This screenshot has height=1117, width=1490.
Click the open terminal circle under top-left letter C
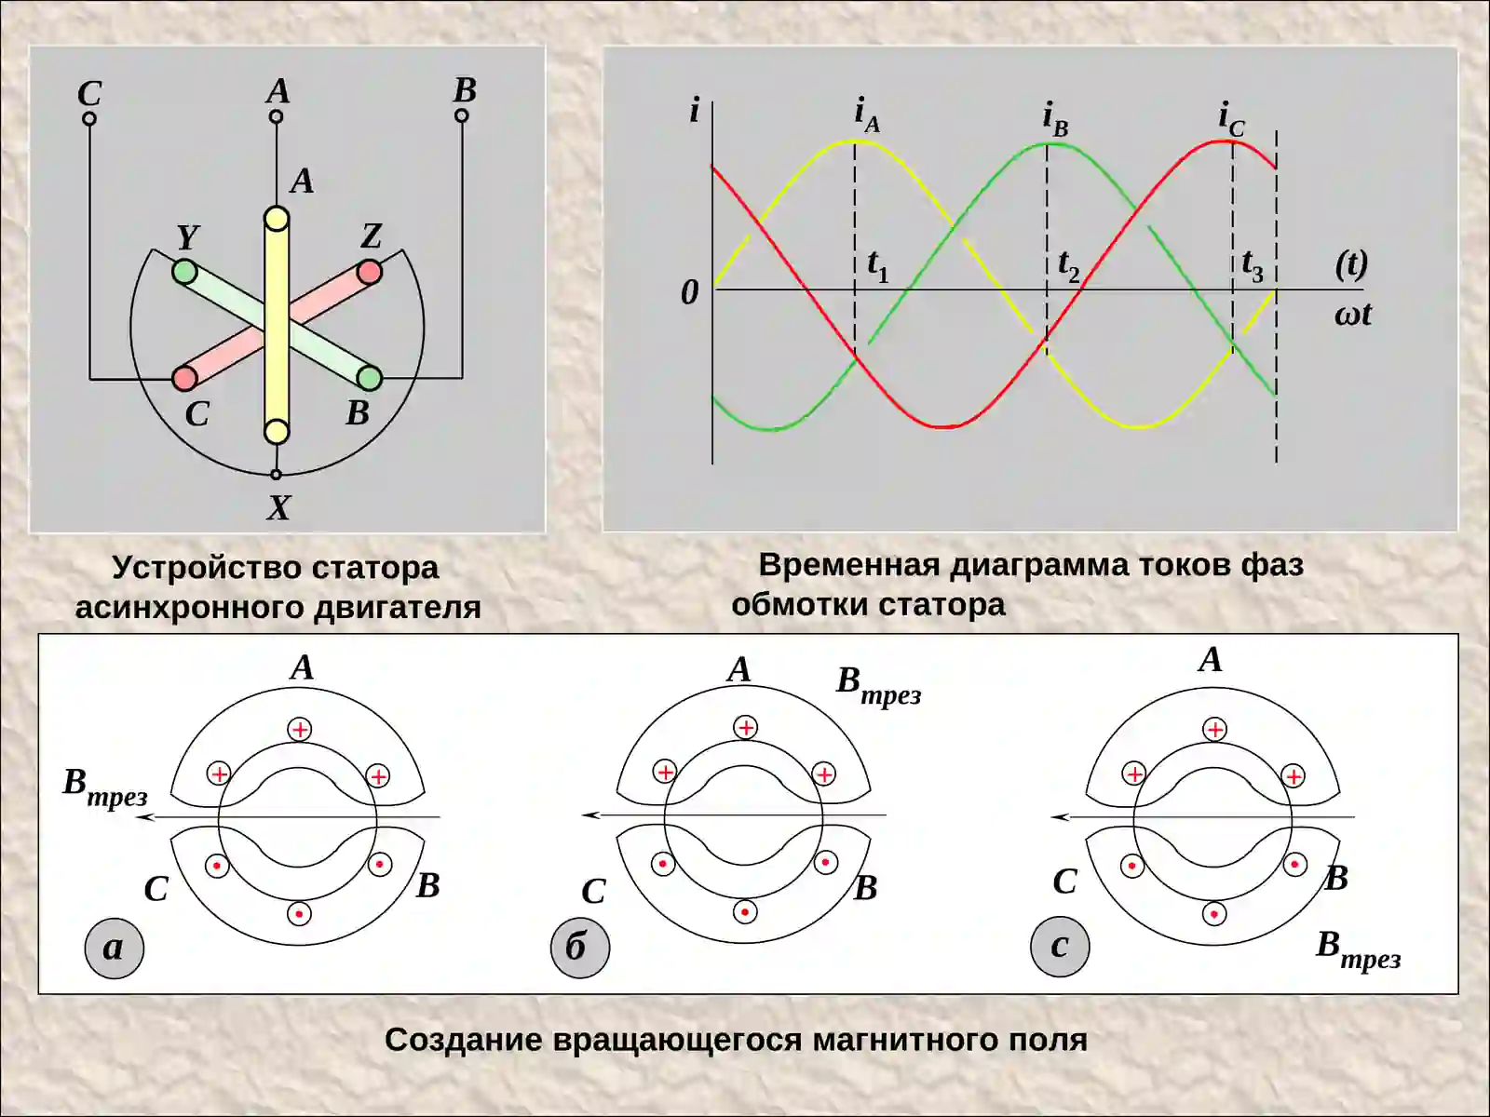[88, 119]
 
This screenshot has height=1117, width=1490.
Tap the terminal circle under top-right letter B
[462, 116]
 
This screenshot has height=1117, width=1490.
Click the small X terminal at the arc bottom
[276, 475]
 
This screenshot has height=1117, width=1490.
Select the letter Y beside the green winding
[188, 237]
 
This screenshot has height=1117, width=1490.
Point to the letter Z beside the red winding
[372, 236]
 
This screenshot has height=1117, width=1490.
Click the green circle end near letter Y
[184, 273]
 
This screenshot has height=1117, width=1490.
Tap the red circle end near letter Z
[370, 272]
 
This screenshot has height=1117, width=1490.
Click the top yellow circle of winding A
[277, 219]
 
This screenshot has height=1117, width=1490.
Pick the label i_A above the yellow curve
[867, 115]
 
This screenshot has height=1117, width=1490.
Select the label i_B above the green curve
[1055, 119]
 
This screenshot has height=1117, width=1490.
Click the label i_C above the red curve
[1231, 120]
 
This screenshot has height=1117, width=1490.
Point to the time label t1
[878, 266]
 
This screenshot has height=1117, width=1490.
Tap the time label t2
[1068, 266]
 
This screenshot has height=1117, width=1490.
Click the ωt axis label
[1353, 315]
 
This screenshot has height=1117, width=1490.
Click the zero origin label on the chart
[690, 293]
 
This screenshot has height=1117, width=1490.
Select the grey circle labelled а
[114, 948]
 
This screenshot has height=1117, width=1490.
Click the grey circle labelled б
[580, 948]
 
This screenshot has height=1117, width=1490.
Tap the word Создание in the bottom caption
[464, 1040]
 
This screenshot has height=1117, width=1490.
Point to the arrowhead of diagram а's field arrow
[137, 816]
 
